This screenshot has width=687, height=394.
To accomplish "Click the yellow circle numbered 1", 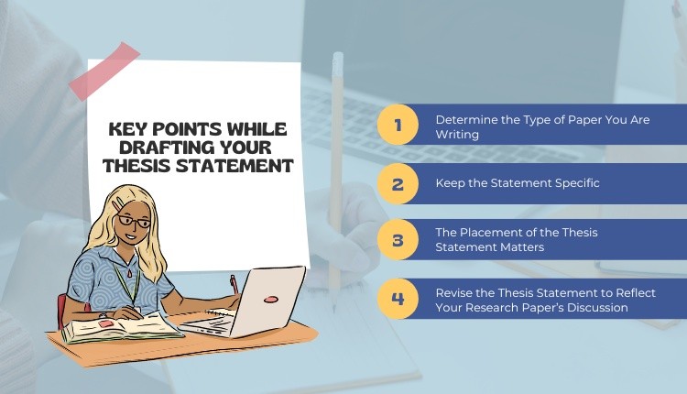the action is [x=398, y=125].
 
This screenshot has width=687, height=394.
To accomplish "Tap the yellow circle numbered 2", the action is [x=398, y=183].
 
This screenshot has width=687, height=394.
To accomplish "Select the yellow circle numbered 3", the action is [x=398, y=240].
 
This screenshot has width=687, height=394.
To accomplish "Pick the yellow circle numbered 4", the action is [x=398, y=299].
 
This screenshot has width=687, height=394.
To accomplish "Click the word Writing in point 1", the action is [x=457, y=135].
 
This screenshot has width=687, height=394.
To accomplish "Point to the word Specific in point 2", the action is [x=577, y=183].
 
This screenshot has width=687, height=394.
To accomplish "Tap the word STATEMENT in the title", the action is [x=234, y=166].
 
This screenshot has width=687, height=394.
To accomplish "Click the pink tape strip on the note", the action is [x=104, y=71].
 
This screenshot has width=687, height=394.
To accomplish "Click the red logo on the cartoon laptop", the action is [x=271, y=300].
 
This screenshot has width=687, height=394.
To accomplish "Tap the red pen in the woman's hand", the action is [x=234, y=284].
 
